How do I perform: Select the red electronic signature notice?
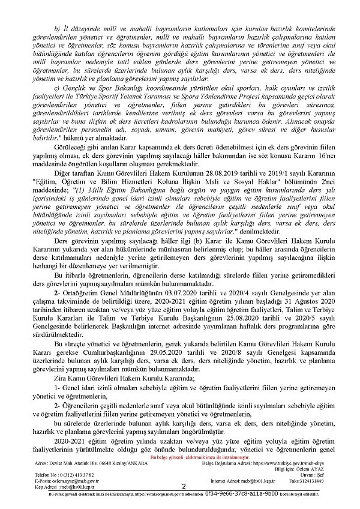179,457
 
